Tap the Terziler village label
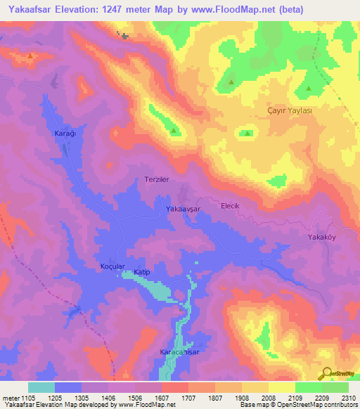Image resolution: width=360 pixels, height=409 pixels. click(157, 180)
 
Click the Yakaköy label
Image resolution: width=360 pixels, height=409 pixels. click(323, 237)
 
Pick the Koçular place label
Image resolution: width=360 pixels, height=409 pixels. click(112, 267)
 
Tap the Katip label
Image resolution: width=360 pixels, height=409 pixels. click(143, 271)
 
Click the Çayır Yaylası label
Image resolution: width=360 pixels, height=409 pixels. click(289, 111)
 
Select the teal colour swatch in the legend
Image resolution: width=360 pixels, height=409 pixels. click(41, 387)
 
